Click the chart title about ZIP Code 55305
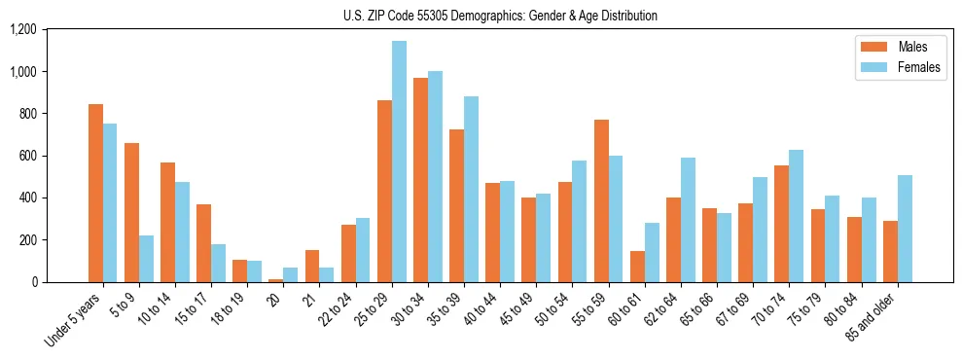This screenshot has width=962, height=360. pos(500,16)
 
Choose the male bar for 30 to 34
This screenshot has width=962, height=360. pos(420,180)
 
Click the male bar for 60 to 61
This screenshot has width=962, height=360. pos(637,267)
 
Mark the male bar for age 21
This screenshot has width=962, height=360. pos(312,266)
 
